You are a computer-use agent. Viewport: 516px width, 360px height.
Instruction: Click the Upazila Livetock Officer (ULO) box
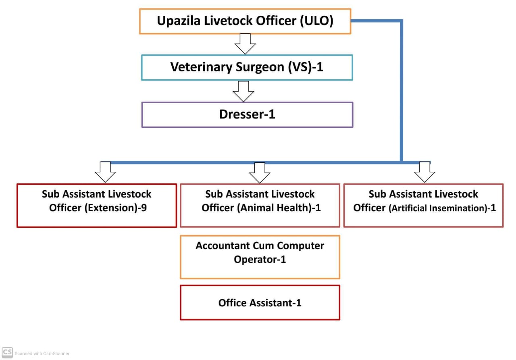point(245,21)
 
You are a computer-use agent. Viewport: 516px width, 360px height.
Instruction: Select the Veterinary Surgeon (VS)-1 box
point(247,67)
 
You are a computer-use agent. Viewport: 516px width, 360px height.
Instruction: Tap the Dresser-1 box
point(247,114)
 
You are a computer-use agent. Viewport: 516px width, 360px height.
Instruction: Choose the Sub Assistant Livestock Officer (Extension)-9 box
point(97,206)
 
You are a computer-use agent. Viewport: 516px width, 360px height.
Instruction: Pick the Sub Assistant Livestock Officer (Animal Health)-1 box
point(260,206)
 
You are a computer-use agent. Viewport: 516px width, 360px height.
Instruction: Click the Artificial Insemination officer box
point(423,206)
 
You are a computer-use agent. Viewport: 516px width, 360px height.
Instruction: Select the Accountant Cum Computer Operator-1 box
point(260,257)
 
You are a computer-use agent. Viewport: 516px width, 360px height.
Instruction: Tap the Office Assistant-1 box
point(260,302)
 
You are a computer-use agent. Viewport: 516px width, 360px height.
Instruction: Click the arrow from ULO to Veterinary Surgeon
point(245,44)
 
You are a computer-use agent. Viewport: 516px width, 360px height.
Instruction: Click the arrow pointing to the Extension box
point(105,172)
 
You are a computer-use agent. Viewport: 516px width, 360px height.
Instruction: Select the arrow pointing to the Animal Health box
point(260,173)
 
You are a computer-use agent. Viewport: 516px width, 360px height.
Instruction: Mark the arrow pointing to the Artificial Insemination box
point(424,172)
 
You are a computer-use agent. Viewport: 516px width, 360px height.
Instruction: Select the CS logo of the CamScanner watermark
point(7,352)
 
